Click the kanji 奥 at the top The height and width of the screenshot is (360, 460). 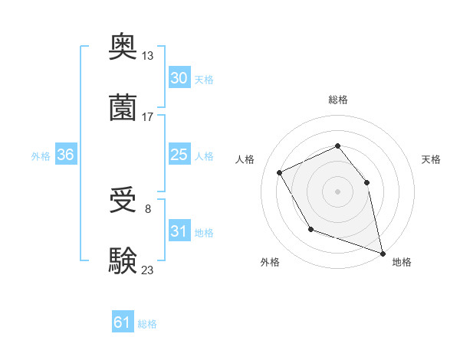coord(123,47)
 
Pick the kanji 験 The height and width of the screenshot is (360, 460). coord(123,259)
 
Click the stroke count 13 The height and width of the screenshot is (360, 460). coord(148,56)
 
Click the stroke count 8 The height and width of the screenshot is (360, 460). coord(148,208)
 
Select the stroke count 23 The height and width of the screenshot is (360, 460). coord(148,269)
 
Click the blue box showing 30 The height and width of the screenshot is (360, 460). coord(179,78)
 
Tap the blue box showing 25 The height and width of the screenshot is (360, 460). coord(179,155)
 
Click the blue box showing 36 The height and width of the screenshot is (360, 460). coord(65,155)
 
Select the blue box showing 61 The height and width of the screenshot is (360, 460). coord(122,322)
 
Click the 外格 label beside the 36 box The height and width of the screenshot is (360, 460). coord(41,156)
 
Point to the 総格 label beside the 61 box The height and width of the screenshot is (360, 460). coord(147,324)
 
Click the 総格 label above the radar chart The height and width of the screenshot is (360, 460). coord(337,100)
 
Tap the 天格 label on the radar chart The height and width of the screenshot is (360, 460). coord(431,159)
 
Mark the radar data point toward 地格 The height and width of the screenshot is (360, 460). coord(382,252)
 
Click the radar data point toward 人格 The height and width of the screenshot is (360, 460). coord(280,172)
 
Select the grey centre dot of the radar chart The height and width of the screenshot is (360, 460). coord(337,191)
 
